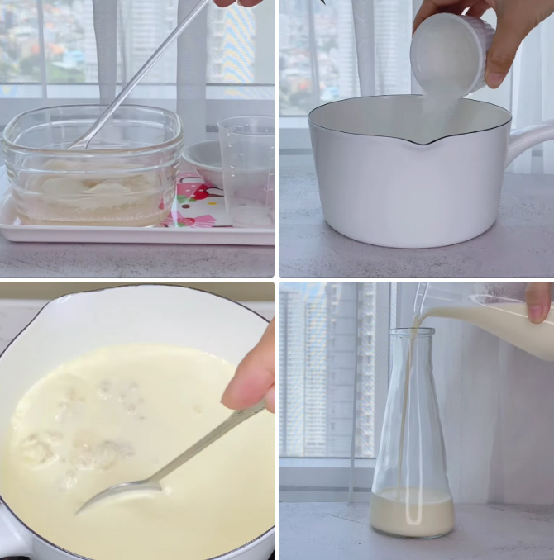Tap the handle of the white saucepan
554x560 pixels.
529,140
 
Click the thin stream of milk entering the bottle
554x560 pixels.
405,413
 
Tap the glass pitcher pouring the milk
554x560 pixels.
488,318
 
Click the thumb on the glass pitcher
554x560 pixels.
538,301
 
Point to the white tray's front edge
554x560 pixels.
136,236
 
